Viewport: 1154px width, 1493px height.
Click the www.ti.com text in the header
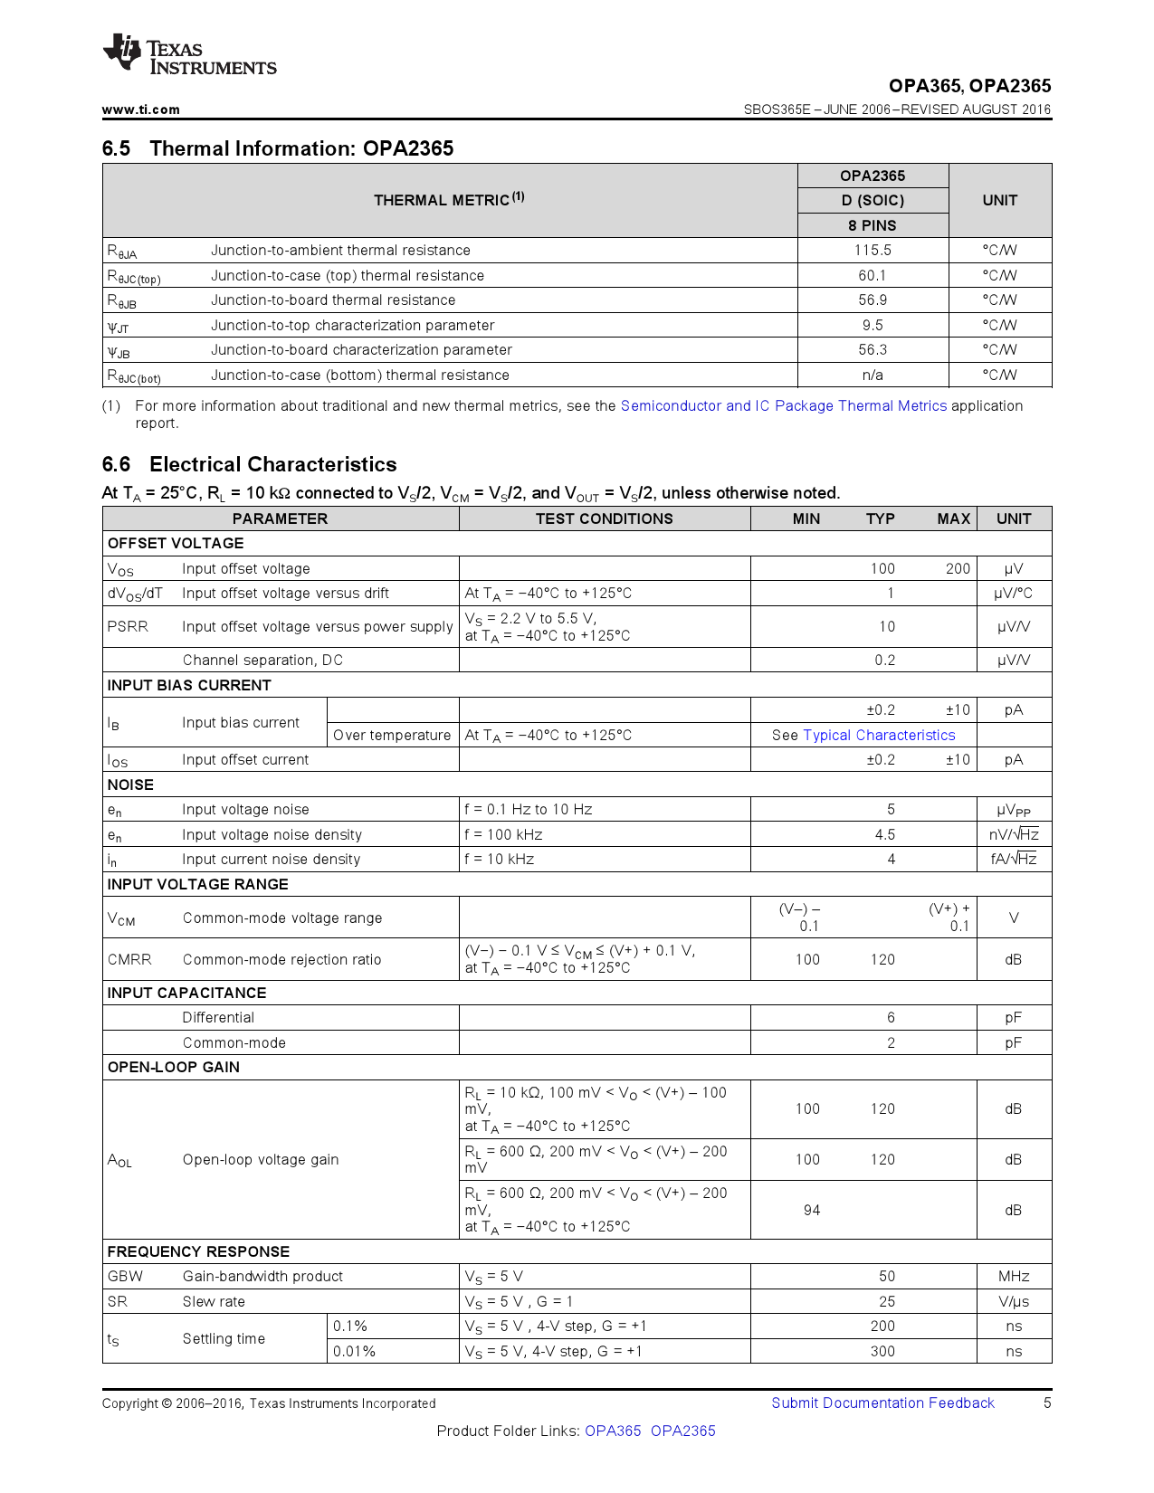click(140, 109)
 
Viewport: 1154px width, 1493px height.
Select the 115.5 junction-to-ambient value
click(873, 251)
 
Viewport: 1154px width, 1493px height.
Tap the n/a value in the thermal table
click(873, 376)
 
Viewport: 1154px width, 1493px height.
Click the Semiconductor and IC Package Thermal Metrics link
click(783, 406)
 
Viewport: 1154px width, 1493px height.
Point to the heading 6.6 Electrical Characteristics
click(249, 464)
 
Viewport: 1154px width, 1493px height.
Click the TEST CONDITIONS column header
click(604, 518)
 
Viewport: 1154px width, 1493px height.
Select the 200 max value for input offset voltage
click(958, 569)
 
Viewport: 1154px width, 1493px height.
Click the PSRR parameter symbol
click(128, 626)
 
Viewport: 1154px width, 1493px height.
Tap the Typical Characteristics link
click(879, 736)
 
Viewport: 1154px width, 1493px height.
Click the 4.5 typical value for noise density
click(884, 835)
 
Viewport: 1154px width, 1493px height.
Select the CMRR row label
click(129, 959)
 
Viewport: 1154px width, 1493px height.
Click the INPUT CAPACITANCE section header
click(186, 993)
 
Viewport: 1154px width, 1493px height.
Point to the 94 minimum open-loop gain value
click(811, 1210)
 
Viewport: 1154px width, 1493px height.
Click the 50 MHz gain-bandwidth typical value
click(886, 1277)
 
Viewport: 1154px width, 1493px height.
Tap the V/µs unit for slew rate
click(1014, 1302)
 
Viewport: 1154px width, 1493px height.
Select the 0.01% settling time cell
click(354, 1352)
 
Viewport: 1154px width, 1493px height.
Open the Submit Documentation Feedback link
click(882, 1403)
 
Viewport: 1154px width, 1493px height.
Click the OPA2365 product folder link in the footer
click(682, 1431)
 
